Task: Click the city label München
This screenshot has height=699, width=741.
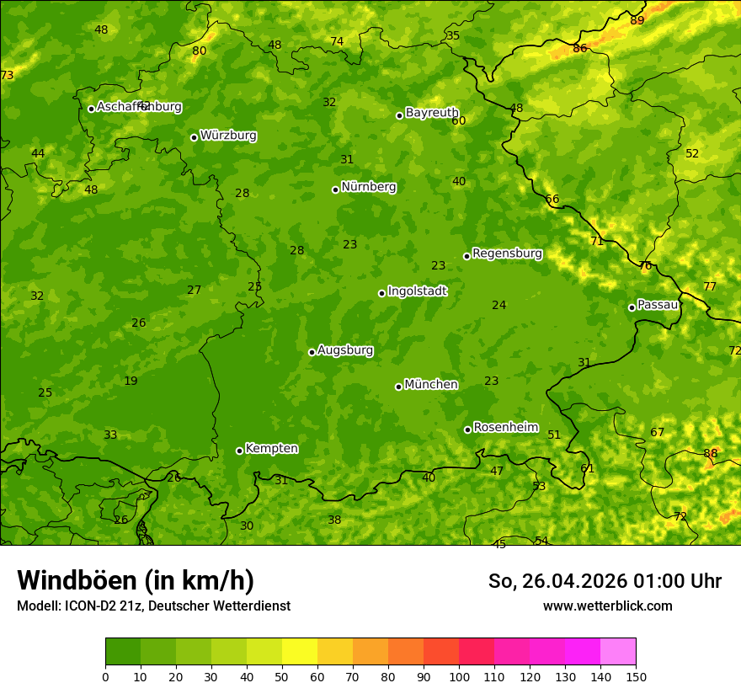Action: pos(431,385)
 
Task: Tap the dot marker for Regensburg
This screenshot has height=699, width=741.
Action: pos(466,256)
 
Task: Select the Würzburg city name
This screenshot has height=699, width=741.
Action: pos(228,136)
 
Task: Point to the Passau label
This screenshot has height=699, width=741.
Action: pos(658,305)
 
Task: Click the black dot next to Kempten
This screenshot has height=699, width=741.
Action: pos(239,451)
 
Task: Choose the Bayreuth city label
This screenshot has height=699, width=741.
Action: pos(432,113)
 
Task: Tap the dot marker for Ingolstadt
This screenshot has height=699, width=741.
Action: pos(381,293)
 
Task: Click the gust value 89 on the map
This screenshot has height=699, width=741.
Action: pos(637,20)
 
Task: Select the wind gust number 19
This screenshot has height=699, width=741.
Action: pos(131,382)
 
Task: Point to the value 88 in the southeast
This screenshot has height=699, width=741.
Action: pos(711,454)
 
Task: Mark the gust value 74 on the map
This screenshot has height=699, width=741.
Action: pos(337,42)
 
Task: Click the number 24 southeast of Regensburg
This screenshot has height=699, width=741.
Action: pos(499,306)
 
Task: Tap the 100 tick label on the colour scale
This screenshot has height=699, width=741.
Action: pos(459,676)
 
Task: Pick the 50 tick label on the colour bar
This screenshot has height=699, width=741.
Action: pos(282,676)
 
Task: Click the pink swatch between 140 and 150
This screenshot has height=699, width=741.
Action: pos(618,652)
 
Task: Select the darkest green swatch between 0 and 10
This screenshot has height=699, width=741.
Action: pos(123,652)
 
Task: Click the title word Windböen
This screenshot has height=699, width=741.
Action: pos(77,580)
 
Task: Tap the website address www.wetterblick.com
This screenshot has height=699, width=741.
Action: pos(607,606)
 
